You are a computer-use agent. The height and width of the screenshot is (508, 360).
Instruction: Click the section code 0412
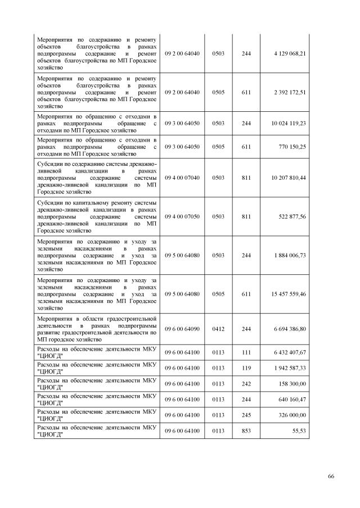(218, 329)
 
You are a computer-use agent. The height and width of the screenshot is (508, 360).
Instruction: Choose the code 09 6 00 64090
(182, 329)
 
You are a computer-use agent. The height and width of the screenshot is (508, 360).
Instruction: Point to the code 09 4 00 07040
(182, 178)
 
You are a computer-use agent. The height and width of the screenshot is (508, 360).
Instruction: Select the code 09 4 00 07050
(182, 216)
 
